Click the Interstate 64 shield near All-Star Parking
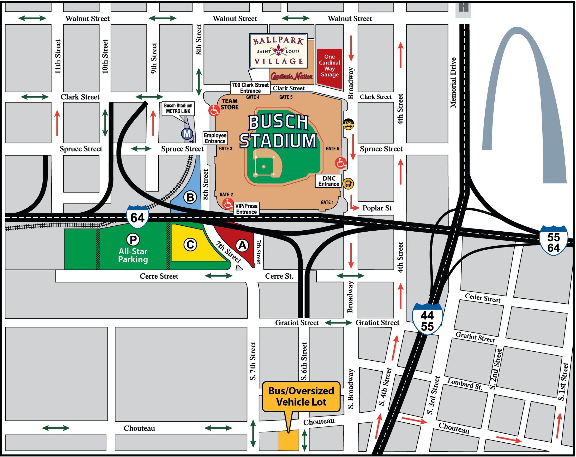pyautogui.click(x=137, y=217)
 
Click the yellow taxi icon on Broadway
pyautogui.click(x=348, y=124)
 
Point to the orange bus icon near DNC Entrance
pyautogui.click(x=348, y=183)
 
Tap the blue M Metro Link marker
pyautogui.click(x=187, y=134)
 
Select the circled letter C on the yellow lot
pyautogui.click(x=190, y=245)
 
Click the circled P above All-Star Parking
pyautogui.click(x=133, y=239)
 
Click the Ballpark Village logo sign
pyautogui.click(x=278, y=51)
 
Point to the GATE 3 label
pyautogui.click(x=225, y=148)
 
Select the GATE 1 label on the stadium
pyautogui.click(x=327, y=202)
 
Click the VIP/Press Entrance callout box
pyautogui.click(x=246, y=209)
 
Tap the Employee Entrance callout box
pyautogui.click(x=215, y=138)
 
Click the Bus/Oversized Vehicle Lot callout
pyautogui.click(x=301, y=396)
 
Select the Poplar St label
pyautogui.click(x=377, y=208)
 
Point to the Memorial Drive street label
pyautogui.click(x=453, y=83)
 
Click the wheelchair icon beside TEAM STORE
pyautogui.click(x=214, y=110)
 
